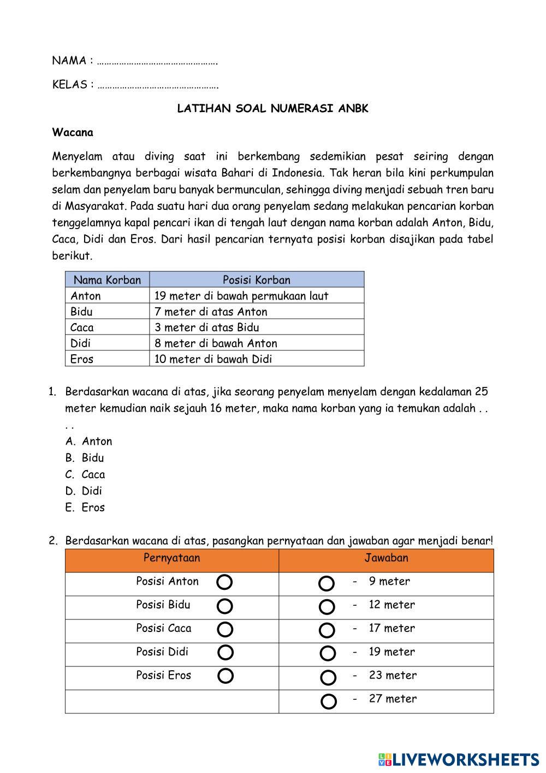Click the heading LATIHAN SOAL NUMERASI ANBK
(272, 108)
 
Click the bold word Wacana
(73, 132)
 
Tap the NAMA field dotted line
(157, 61)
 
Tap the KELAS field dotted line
(158, 85)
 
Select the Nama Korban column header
(107, 280)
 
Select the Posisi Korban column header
(256, 280)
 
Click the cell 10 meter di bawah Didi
(213, 359)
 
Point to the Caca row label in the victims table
(82, 327)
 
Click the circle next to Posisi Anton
(224, 582)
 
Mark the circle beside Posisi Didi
(225, 653)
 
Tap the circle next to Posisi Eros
(225, 676)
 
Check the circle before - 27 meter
(329, 701)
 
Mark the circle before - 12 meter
(327, 607)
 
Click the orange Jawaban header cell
(386, 558)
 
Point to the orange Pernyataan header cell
(171, 558)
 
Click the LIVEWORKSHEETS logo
(459, 759)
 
